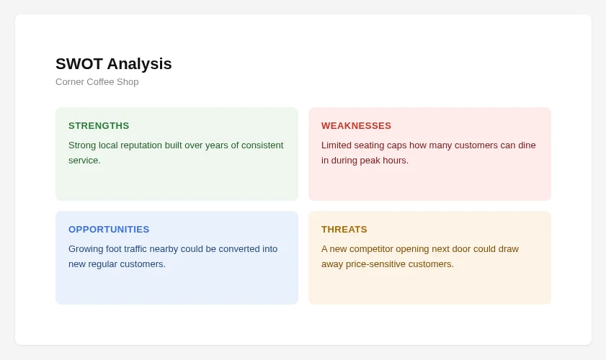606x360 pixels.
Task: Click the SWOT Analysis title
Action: tap(114, 64)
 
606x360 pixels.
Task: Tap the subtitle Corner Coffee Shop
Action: tap(97, 82)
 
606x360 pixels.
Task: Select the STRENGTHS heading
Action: tap(99, 126)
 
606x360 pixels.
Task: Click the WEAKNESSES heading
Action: tap(357, 126)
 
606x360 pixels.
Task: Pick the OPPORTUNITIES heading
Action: tap(109, 230)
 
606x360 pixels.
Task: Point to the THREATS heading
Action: tap(344, 230)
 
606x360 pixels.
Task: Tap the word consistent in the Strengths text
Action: tap(262, 145)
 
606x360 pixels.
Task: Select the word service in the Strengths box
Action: tap(84, 161)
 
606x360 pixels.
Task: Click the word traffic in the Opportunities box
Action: tap(135, 248)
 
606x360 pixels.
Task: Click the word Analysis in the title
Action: tap(140, 64)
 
